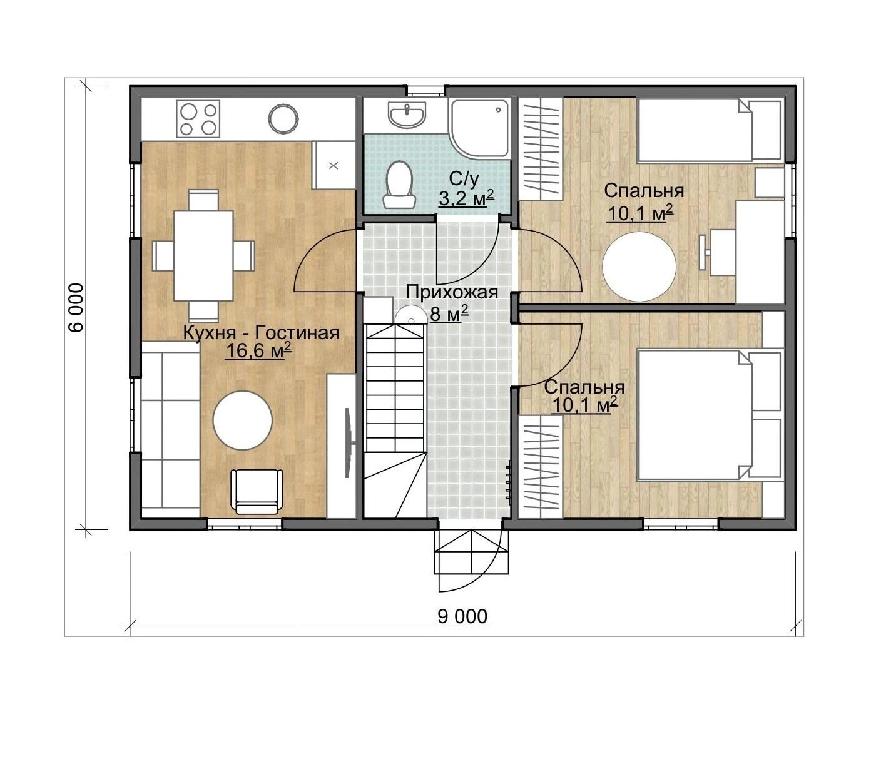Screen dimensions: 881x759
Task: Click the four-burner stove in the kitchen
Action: click(x=198, y=118)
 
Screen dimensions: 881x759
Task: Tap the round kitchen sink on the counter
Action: click(x=283, y=119)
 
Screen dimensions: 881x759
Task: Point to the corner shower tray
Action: click(x=479, y=128)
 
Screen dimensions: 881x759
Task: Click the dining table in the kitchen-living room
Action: click(x=203, y=256)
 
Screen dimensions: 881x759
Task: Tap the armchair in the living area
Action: click(x=257, y=491)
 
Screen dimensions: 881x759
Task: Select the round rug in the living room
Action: click(x=243, y=419)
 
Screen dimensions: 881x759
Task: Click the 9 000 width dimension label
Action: click(x=462, y=616)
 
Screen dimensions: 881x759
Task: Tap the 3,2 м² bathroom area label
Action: click(x=467, y=198)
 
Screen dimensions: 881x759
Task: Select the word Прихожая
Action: click(x=452, y=293)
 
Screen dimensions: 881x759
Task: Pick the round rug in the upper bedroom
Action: click(x=639, y=267)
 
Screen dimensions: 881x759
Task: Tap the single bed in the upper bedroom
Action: click(x=711, y=130)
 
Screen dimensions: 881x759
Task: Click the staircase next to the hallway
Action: click(x=395, y=422)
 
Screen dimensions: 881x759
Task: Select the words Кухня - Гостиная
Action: click(x=262, y=333)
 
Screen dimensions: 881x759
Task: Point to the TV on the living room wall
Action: click(x=349, y=443)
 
